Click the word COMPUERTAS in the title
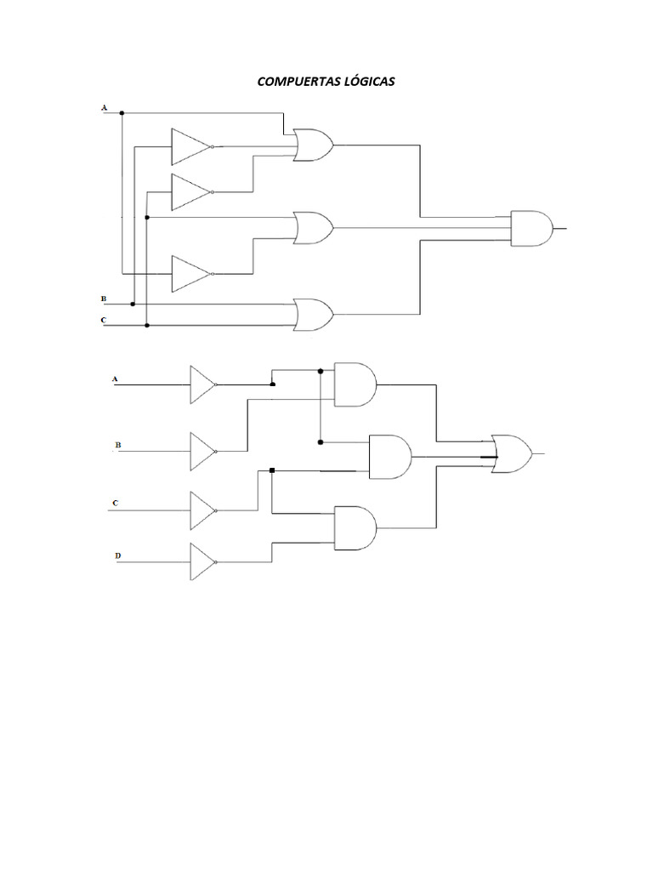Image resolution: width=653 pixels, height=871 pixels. [x=298, y=82]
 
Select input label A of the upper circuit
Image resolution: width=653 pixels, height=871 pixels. [x=104, y=108]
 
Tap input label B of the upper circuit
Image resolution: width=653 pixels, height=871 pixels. [x=103, y=299]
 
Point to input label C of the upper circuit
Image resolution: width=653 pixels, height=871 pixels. [x=103, y=321]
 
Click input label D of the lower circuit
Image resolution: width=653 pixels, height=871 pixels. [x=117, y=555]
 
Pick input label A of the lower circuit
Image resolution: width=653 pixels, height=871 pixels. [x=115, y=379]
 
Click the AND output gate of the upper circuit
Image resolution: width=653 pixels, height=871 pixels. [x=532, y=228]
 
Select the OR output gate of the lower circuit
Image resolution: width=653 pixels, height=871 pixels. [x=512, y=454]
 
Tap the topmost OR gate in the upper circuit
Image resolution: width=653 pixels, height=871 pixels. [x=313, y=145]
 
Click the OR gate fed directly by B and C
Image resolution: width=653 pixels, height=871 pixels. [x=313, y=315]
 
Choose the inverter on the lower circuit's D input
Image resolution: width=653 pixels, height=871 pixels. [x=203, y=561]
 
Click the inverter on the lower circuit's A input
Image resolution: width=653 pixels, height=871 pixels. [x=203, y=384]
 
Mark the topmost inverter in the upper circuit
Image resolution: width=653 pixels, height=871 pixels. [x=191, y=146]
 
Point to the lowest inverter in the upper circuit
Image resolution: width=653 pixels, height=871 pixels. [x=191, y=274]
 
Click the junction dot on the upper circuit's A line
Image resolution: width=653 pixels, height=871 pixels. [x=122, y=113]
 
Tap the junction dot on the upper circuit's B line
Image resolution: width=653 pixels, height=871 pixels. [x=133, y=304]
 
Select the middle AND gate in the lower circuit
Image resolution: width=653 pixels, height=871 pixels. [x=390, y=457]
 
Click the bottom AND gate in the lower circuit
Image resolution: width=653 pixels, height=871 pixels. [x=355, y=527]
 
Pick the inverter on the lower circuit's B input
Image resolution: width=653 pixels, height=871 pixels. [x=203, y=452]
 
